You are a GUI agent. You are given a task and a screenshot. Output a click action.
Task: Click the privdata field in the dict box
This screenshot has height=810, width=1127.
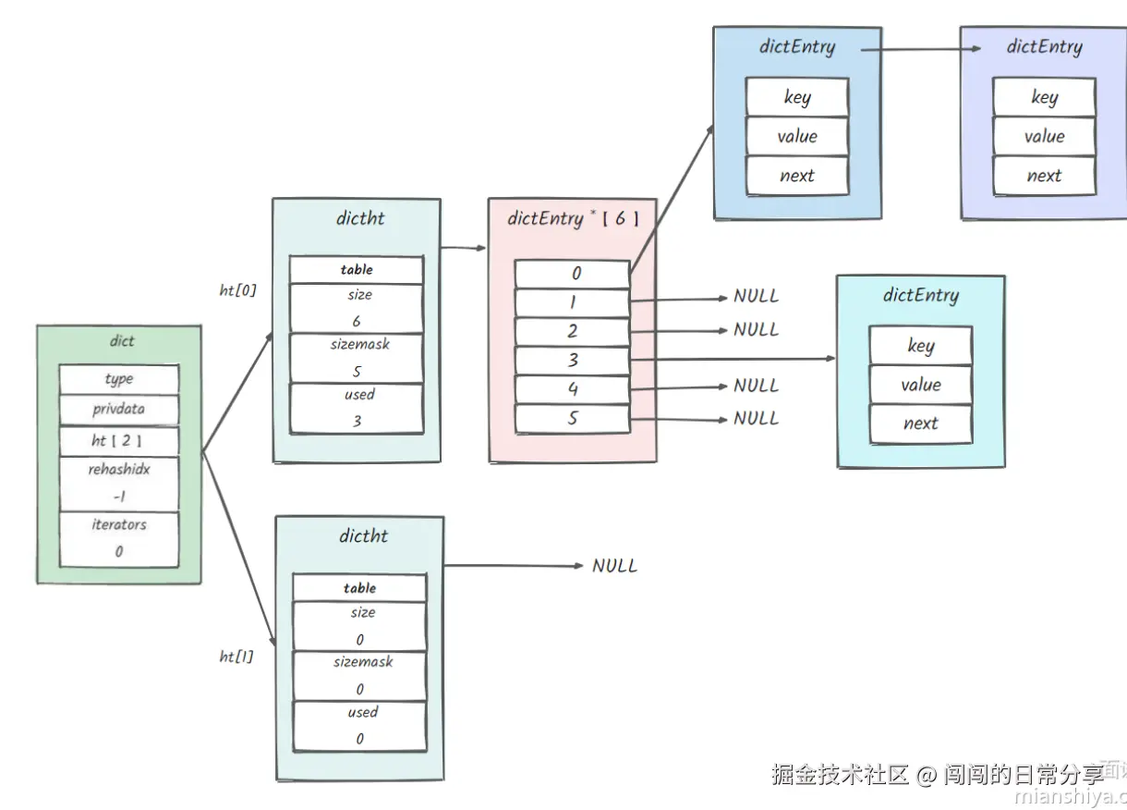(x=118, y=409)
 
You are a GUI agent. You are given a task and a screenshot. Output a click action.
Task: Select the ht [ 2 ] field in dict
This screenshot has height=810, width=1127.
(x=118, y=441)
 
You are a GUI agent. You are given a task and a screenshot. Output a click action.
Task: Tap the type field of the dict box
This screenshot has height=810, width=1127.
(x=118, y=379)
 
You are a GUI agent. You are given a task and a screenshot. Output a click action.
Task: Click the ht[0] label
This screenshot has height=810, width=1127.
(x=237, y=290)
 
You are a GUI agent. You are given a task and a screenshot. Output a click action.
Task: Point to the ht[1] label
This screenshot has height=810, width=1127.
(x=236, y=657)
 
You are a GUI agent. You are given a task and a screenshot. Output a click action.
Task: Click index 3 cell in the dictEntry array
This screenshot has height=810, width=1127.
(x=573, y=361)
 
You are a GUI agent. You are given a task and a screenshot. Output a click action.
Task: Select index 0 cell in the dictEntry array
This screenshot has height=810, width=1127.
(x=573, y=274)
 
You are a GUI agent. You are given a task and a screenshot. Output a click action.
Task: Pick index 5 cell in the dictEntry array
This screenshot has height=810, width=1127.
(x=573, y=419)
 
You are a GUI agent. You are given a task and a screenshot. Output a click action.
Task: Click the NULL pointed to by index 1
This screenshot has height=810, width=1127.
(x=756, y=297)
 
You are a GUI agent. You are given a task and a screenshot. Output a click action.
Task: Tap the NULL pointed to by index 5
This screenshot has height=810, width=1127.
(x=756, y=419)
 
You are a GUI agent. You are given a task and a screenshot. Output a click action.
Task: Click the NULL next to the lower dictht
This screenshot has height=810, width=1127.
(x=614, y=566)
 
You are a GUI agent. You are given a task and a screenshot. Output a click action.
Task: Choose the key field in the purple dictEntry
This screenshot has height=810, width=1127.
(x=1044, y=97)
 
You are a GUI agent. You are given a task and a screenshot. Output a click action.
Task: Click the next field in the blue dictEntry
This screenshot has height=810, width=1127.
(x=796, y=176)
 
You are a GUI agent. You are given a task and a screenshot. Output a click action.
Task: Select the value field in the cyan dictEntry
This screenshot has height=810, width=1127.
(x=920, y=385)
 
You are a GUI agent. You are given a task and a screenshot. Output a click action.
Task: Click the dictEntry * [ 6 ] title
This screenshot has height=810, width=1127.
(x=573, y=220)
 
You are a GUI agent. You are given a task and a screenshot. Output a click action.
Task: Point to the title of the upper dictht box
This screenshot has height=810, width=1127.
(x=361, y=219)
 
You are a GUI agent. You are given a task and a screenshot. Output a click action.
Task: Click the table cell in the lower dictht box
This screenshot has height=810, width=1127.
(x=359, y=588)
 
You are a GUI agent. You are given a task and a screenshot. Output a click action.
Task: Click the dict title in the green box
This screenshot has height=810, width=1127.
(x=122, y=341)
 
